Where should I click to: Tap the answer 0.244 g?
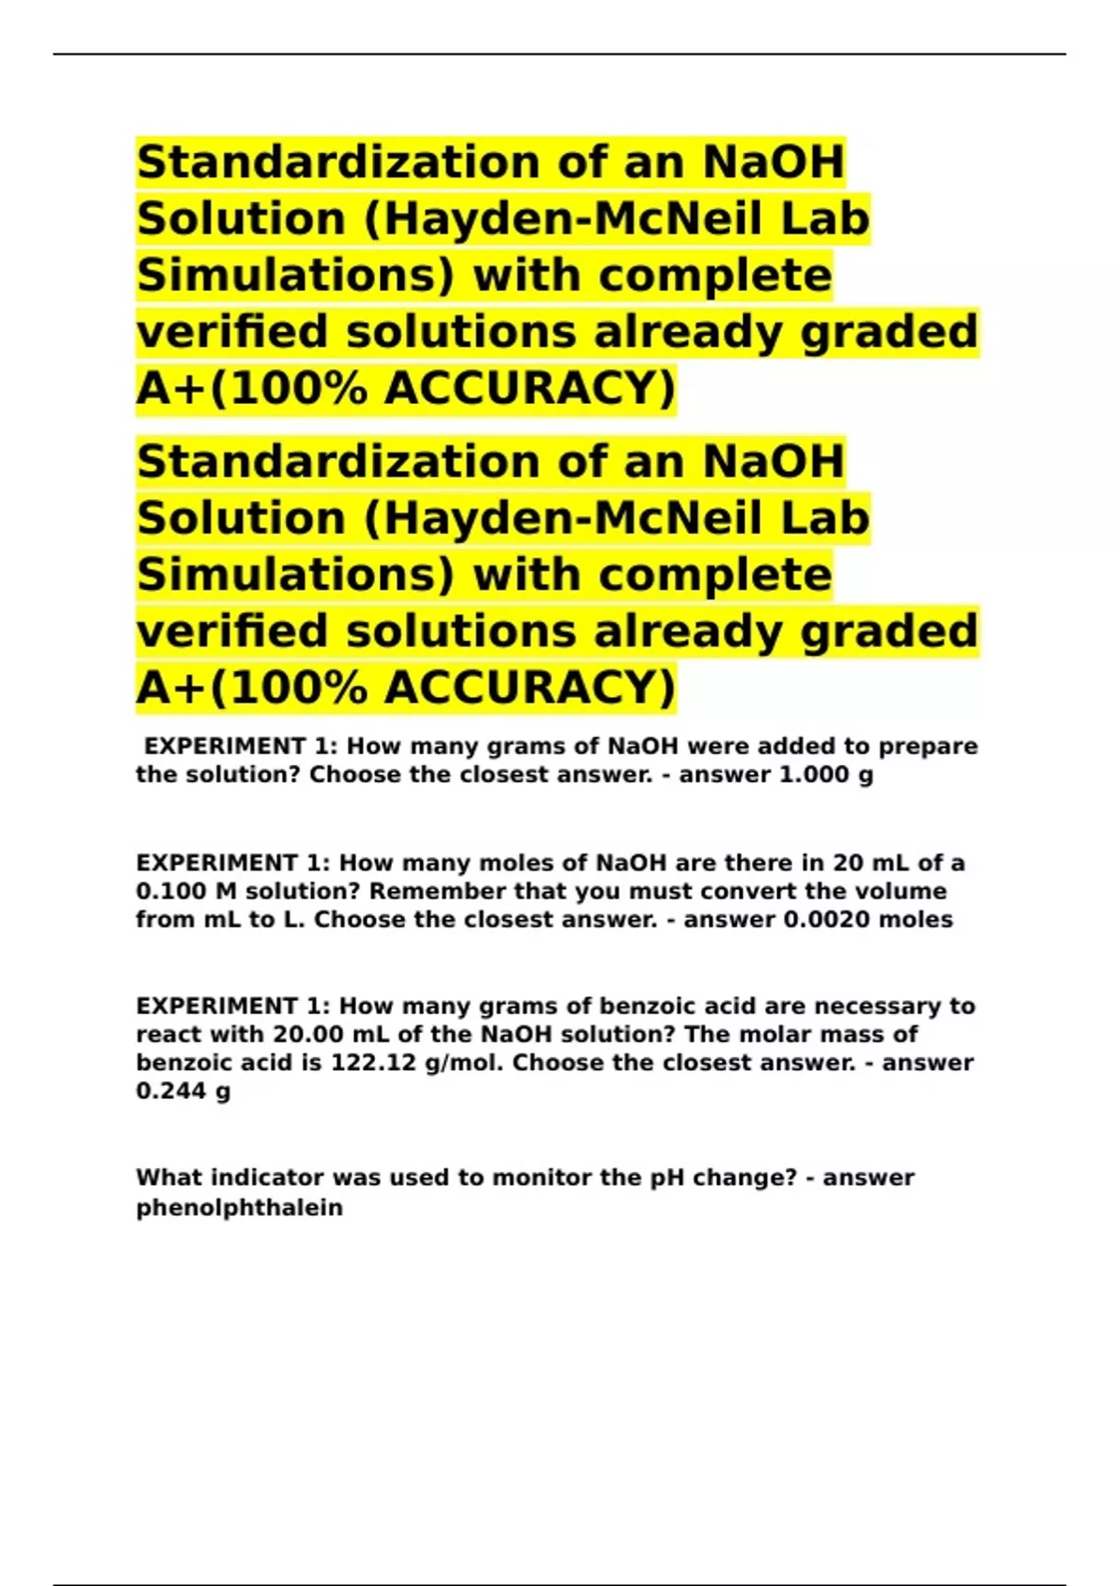183,1091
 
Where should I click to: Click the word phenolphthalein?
239,1208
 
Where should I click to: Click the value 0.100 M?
186,892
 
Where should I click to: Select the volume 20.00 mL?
318,1035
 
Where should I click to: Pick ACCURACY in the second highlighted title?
529,689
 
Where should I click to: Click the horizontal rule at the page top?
560,54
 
